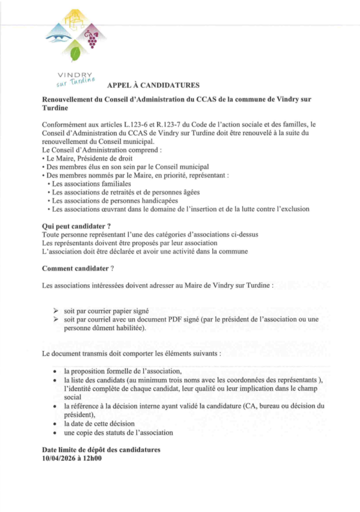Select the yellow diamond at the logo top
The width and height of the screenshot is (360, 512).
click(x=75, y=22)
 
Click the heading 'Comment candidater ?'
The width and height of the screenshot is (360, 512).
click(x=78, y=269)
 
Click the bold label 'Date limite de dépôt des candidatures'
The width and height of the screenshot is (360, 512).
click(x=101, y=449)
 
